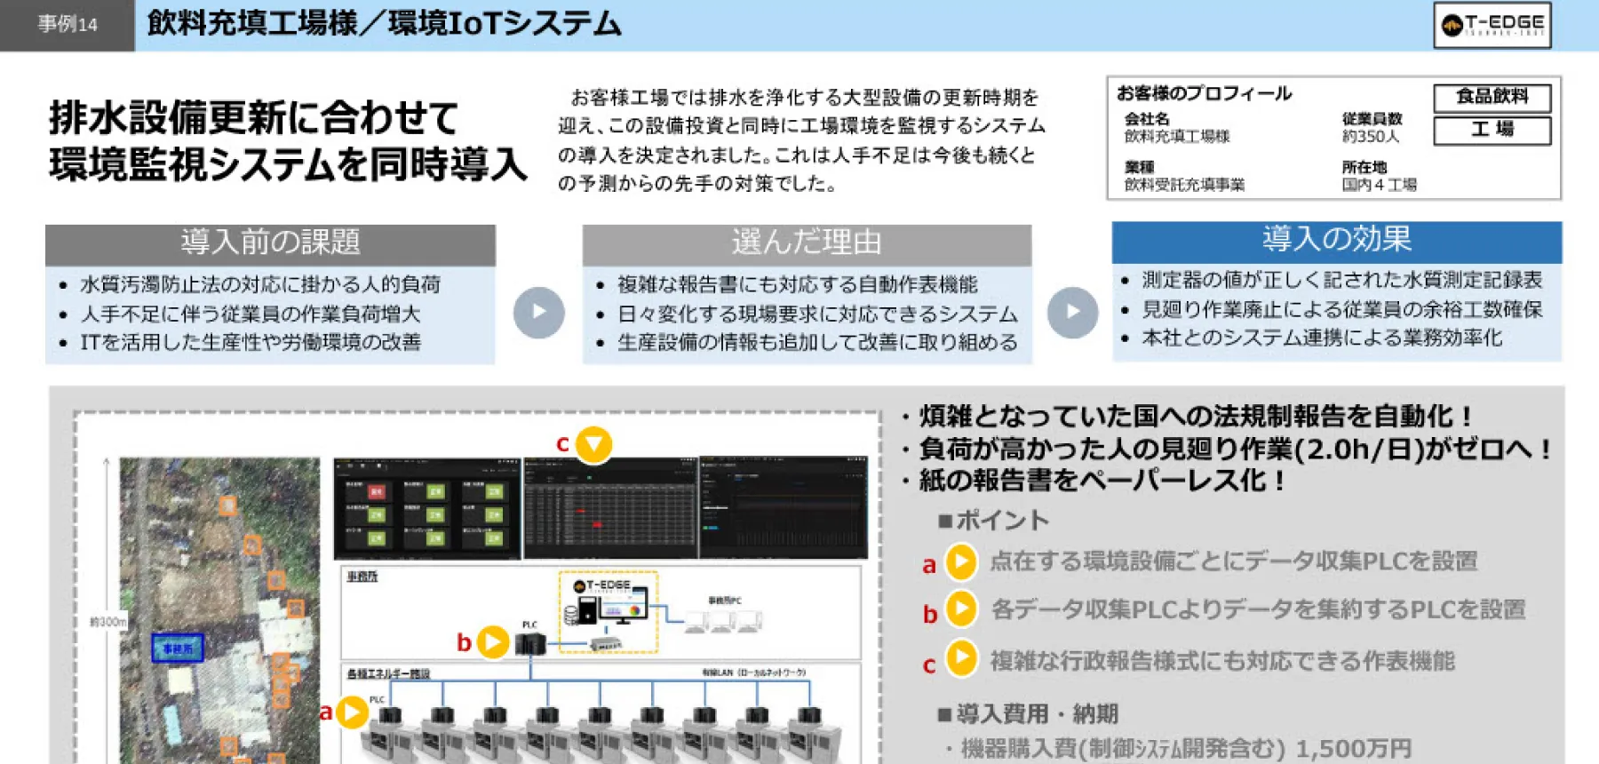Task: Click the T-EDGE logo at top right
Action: click(1492, 25)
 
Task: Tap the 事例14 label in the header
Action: click(68, 25)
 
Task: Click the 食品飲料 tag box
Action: click(1492, 97)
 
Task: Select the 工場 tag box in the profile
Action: click(1492, 130)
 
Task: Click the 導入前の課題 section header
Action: click(270, 243)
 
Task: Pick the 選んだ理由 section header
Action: click(806, 243)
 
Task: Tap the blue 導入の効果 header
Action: click(1336, 240)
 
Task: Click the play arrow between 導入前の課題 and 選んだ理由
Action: click(538, 312)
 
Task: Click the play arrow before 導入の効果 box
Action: click(1072, 312)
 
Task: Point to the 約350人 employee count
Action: click(1370, 137)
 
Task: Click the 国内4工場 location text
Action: click(1378, 185)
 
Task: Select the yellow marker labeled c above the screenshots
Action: click(593, 443)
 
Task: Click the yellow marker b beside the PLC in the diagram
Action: click(493, 641)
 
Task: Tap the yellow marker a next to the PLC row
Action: click(353, 712)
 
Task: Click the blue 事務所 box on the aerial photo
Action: click(177, 648)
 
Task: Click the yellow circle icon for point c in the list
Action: click(961, 658)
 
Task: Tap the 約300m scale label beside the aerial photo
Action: click(107, 622)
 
